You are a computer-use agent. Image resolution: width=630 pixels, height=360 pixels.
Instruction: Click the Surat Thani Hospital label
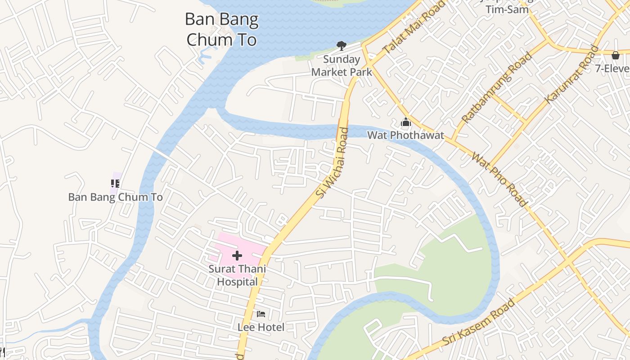click(237, 275)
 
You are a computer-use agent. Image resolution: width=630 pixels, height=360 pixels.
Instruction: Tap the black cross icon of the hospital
click(237, 256)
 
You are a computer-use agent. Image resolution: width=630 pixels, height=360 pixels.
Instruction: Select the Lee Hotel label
click(261, 327)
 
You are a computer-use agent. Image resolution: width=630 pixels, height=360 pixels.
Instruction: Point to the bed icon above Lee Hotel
click(261, 314)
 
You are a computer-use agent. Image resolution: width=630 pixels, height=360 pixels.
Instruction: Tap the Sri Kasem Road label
click(479, 322)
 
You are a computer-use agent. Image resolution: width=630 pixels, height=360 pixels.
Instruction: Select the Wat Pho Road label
click(499, 180)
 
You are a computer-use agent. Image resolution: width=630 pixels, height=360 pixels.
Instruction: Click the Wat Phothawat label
click(405, 135)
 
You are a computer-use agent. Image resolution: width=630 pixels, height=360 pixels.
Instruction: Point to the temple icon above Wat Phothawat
click(405, 122)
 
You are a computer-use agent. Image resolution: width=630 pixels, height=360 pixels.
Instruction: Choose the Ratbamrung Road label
click(497, 88)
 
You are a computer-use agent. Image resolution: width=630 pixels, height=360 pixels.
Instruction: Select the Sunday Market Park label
click(342, 66)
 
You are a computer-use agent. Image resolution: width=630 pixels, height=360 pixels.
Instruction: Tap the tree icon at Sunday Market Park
click(342, 45)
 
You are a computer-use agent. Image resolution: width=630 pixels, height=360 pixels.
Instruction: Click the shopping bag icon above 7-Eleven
click(615, 55)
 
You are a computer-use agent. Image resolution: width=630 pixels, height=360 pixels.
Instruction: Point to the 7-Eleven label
click(612, 68)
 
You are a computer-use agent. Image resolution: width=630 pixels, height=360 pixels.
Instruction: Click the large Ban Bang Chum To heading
click(222, 30)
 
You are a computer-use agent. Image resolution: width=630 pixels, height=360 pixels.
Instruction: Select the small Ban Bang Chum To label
click(115, 197)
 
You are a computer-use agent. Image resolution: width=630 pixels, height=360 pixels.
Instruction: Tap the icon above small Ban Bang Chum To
click(115, 183)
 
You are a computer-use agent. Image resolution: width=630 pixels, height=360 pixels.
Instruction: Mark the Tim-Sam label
click(507, 9)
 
